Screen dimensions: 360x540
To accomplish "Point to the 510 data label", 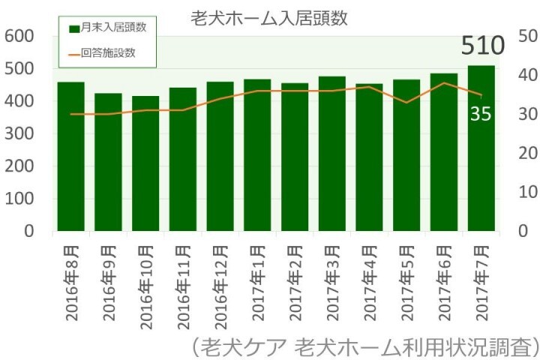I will pyautogui.click(x=481, y=46).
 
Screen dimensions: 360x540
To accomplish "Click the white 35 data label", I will pyautogui.click(x=481, y=115).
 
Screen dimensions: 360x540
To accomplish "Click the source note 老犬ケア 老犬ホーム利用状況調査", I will pyautogui.click(x=364, y=346).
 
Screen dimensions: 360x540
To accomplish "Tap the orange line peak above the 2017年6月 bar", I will pyautogui.click(x=444, y=82).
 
